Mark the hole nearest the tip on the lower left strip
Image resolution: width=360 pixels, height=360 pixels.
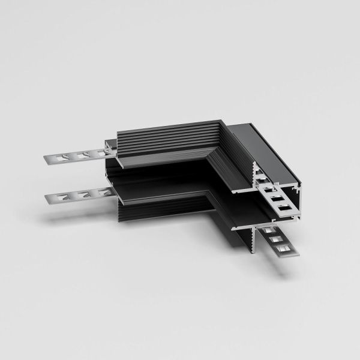(x=62, y=196)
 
